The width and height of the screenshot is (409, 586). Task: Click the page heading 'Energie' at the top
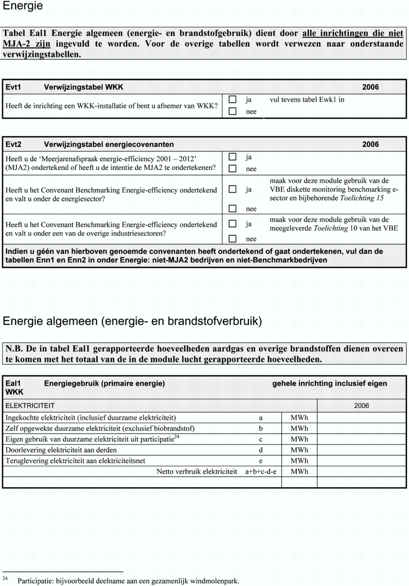point(23,7)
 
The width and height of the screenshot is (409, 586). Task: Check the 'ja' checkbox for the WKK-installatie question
point(232,100)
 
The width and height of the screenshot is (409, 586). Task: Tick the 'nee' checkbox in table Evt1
point(232,112)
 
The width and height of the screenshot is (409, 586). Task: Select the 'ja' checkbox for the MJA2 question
point(232,157)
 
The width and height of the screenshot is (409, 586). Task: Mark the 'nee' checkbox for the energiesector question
point(232,208)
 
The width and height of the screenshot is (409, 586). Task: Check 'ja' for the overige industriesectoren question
point(232,224)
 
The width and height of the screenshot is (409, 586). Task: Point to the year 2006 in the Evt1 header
point(370,87)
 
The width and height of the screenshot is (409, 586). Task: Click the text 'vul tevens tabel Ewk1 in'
point(307,100)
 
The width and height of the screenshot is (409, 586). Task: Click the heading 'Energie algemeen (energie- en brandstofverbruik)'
point(132,321)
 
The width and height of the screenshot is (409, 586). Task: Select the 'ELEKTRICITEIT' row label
point(30,406)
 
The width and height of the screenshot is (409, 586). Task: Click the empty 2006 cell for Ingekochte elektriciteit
point(361,418)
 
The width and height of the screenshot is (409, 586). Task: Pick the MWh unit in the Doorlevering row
point(299,450)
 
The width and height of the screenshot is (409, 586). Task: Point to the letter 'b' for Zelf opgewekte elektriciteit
point(260,429)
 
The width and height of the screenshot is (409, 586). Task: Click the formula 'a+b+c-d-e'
point(260,472)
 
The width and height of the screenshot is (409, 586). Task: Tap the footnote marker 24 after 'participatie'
point(177,437)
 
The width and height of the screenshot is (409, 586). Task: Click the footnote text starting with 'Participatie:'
point(128,581)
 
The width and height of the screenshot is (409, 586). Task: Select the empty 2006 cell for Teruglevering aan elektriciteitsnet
point(361,461)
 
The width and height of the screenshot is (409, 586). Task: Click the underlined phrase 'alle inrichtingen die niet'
point(353,33)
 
